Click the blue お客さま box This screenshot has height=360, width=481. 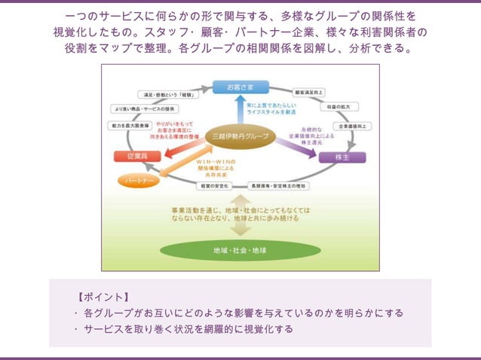(240, 87)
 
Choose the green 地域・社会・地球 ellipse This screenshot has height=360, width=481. (240, 249)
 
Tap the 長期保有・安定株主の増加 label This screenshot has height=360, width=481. (277, 185)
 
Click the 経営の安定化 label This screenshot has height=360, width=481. (213, 185)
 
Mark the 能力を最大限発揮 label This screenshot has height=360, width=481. (130, 127)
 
